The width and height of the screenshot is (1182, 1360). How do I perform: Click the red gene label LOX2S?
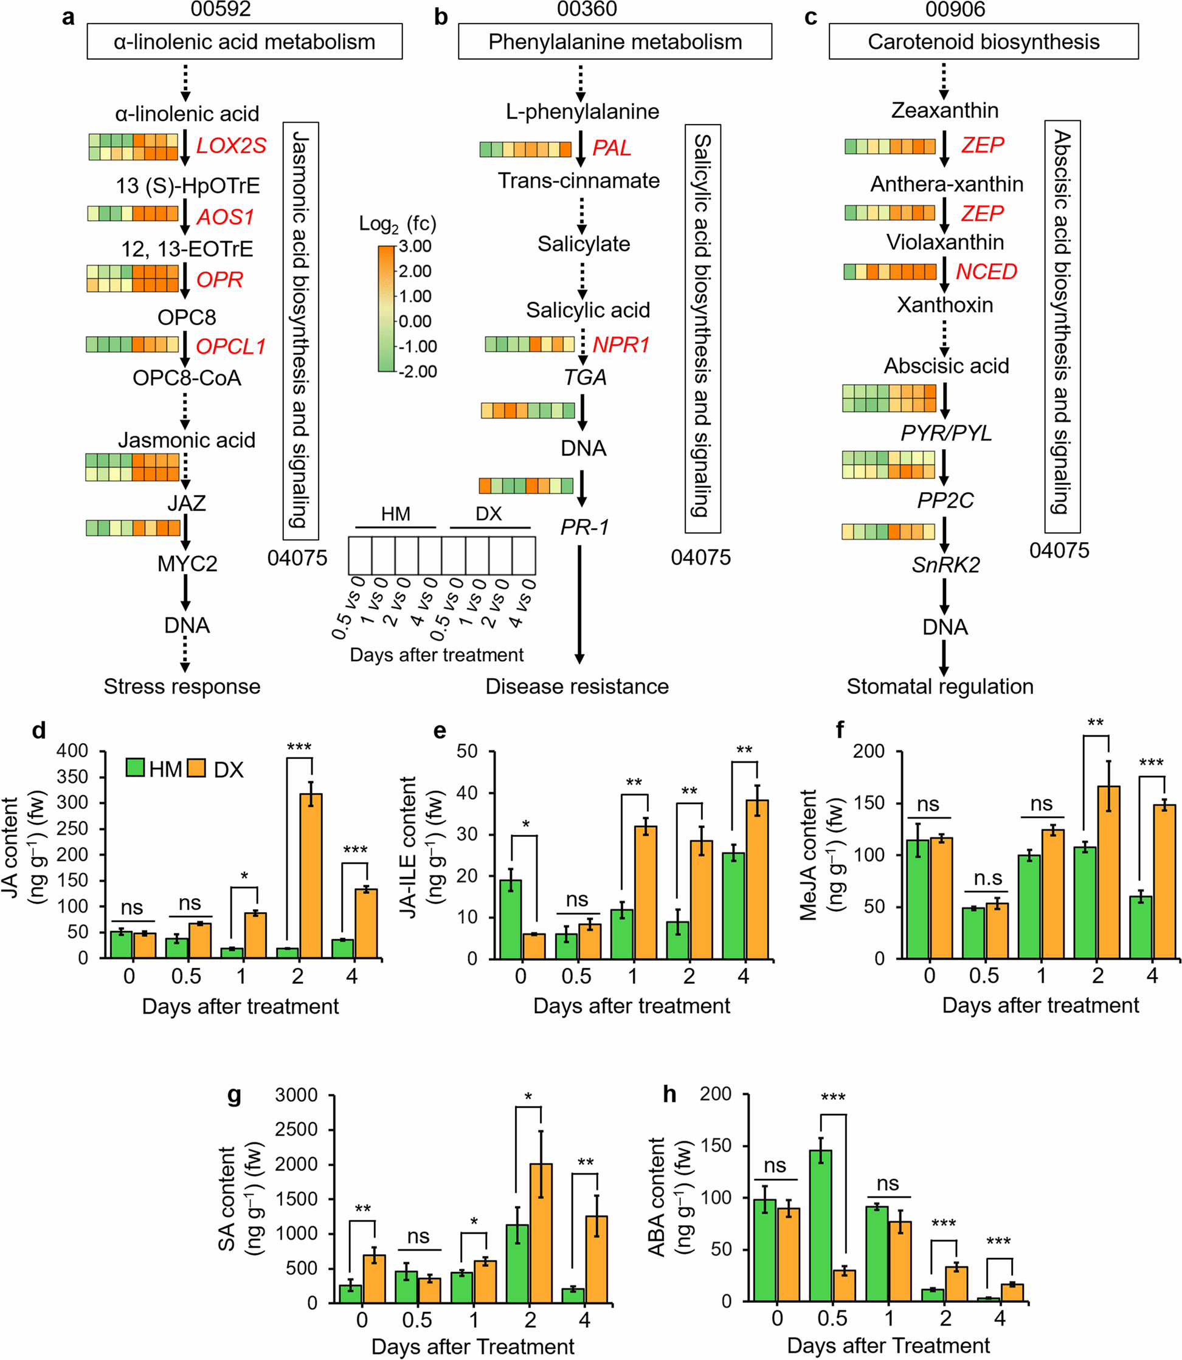pos(231,145)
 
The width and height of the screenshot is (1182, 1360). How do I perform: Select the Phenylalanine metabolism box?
pos(615,41)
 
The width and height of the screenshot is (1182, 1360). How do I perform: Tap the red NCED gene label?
pos(986,272)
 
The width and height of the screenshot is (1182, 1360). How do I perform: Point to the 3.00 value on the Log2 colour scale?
pos(415,247)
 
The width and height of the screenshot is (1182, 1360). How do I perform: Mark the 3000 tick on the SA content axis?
pos(296,1096)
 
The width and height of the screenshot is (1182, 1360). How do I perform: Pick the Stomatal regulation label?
pos(940,686)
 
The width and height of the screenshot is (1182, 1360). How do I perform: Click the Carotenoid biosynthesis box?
pos(983,41)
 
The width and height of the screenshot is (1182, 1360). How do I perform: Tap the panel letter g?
pos(234,1094)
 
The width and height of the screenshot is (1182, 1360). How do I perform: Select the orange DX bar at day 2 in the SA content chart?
pos(541,1233)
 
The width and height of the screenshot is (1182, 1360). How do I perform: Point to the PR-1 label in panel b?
pos(584,527)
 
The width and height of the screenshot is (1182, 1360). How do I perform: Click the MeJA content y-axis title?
pos(808,854)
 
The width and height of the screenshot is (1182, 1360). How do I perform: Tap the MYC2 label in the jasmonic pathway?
pos(187,564)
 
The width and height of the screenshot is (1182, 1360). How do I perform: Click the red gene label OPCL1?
pos(230,346)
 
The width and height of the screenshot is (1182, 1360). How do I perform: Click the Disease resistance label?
pos(577,686)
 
